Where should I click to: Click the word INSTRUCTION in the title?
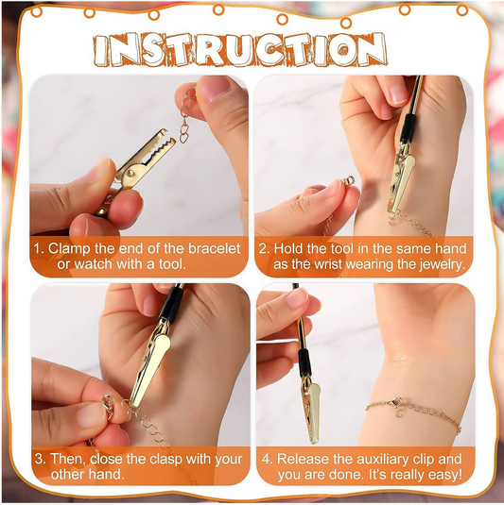(240, 50)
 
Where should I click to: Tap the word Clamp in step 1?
(70, 248)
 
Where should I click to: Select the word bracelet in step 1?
(215, 248)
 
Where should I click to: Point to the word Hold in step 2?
(288, 248)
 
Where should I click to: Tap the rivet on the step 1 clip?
(131, 173)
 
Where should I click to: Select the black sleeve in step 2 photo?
(408, 128)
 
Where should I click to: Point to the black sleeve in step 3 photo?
(169, 305)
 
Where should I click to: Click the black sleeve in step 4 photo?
(304, 362)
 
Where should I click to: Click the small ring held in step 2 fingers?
(349, 180)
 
